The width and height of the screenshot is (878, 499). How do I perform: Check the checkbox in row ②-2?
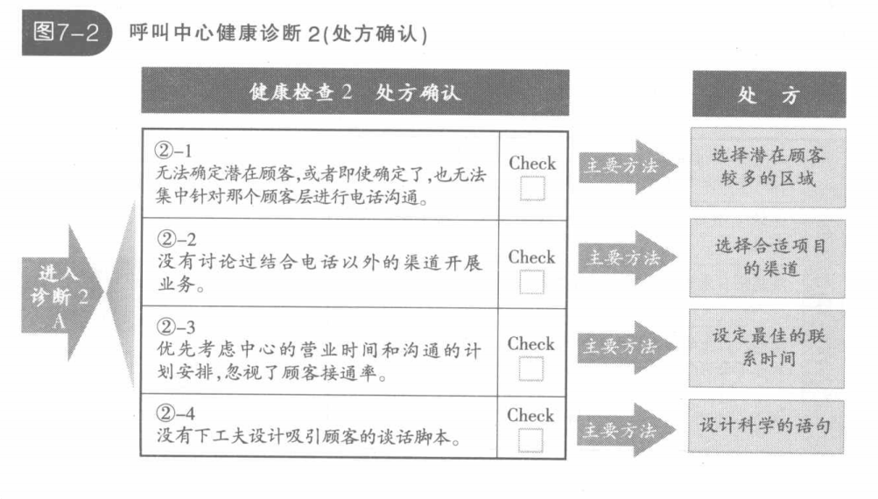pos(531,282)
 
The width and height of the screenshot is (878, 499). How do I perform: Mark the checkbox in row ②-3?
pos(531,369)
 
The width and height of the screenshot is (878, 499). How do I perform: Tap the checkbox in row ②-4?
pos(531,439)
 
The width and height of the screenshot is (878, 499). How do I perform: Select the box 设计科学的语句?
pos(767,426)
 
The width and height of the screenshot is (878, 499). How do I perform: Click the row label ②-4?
pos(174,411)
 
